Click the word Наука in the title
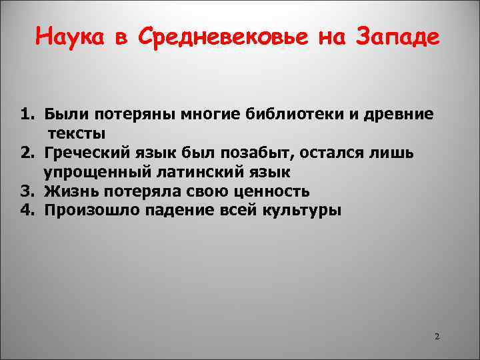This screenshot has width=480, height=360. (x=71, y=37)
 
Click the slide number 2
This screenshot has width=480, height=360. (x=437, y=336)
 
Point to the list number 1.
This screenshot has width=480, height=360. (x=26, y=114)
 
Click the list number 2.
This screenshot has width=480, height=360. (x=26, y=153)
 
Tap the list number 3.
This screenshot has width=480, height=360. (x=26, y=191)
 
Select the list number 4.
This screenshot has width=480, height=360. (x=26, y=211)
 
